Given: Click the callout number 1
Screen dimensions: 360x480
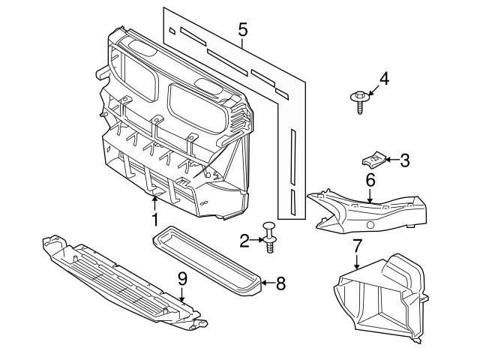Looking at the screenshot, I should point(154,219).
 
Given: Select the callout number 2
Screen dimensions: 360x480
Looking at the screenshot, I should point(244,241).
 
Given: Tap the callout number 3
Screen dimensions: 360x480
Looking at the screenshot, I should point(404,160).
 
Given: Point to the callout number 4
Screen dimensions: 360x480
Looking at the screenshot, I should point(383,78).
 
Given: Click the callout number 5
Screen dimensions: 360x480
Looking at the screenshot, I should point(241,30).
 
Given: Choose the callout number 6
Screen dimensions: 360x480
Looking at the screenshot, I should point(370,180).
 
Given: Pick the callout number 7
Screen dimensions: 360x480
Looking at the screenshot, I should point(357,245).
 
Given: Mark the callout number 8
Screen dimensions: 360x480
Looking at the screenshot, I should point(280,283).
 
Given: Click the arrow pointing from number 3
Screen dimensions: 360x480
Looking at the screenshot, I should point(390,160).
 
